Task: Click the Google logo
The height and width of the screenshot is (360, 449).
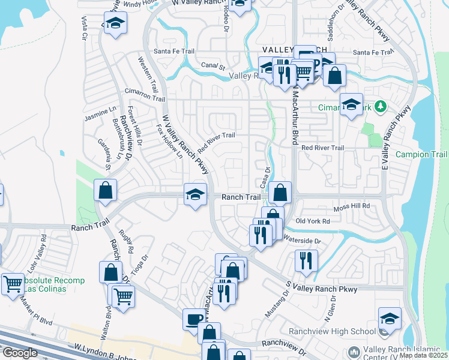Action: click(x=20, y=353)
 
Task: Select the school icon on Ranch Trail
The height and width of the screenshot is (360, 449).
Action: click(x=195, y=195)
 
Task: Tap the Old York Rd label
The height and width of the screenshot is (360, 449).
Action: click(x=313, y=221)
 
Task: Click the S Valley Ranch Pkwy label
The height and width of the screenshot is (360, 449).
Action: click(x=321, y=289)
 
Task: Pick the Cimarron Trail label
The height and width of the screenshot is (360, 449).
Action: click(x=145, y=98)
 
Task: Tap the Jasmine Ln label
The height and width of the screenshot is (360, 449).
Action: click(x=101, y=112)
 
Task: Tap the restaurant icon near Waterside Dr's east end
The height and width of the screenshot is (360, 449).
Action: click(x=306, y=260)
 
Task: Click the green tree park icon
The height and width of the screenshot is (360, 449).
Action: click(x=379, y=107)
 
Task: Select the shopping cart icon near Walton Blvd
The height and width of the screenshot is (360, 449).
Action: click(x=123, y=295)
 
